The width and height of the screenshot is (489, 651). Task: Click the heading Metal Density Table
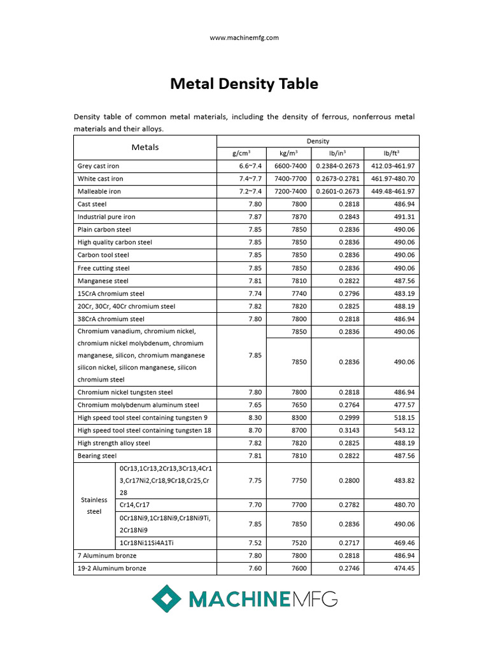coord(244,84)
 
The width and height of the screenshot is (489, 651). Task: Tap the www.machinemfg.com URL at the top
coord(244,38)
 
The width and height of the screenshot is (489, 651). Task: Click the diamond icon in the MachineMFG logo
coord(166,598)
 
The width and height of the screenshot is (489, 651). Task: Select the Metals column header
coord(145,147)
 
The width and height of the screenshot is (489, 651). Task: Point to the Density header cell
coord(318,141)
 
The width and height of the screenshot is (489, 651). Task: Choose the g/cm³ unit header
coord(241,154)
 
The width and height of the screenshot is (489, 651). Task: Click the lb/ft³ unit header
coord(391,154)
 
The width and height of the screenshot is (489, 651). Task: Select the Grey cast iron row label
coord(98,166)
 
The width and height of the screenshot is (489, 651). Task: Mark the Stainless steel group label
coord(94,506)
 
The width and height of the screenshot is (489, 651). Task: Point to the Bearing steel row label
coord(97,456)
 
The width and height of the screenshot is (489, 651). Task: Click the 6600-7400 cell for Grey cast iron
coord(290,166)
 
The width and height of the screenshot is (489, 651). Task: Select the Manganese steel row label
coord(103,281)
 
